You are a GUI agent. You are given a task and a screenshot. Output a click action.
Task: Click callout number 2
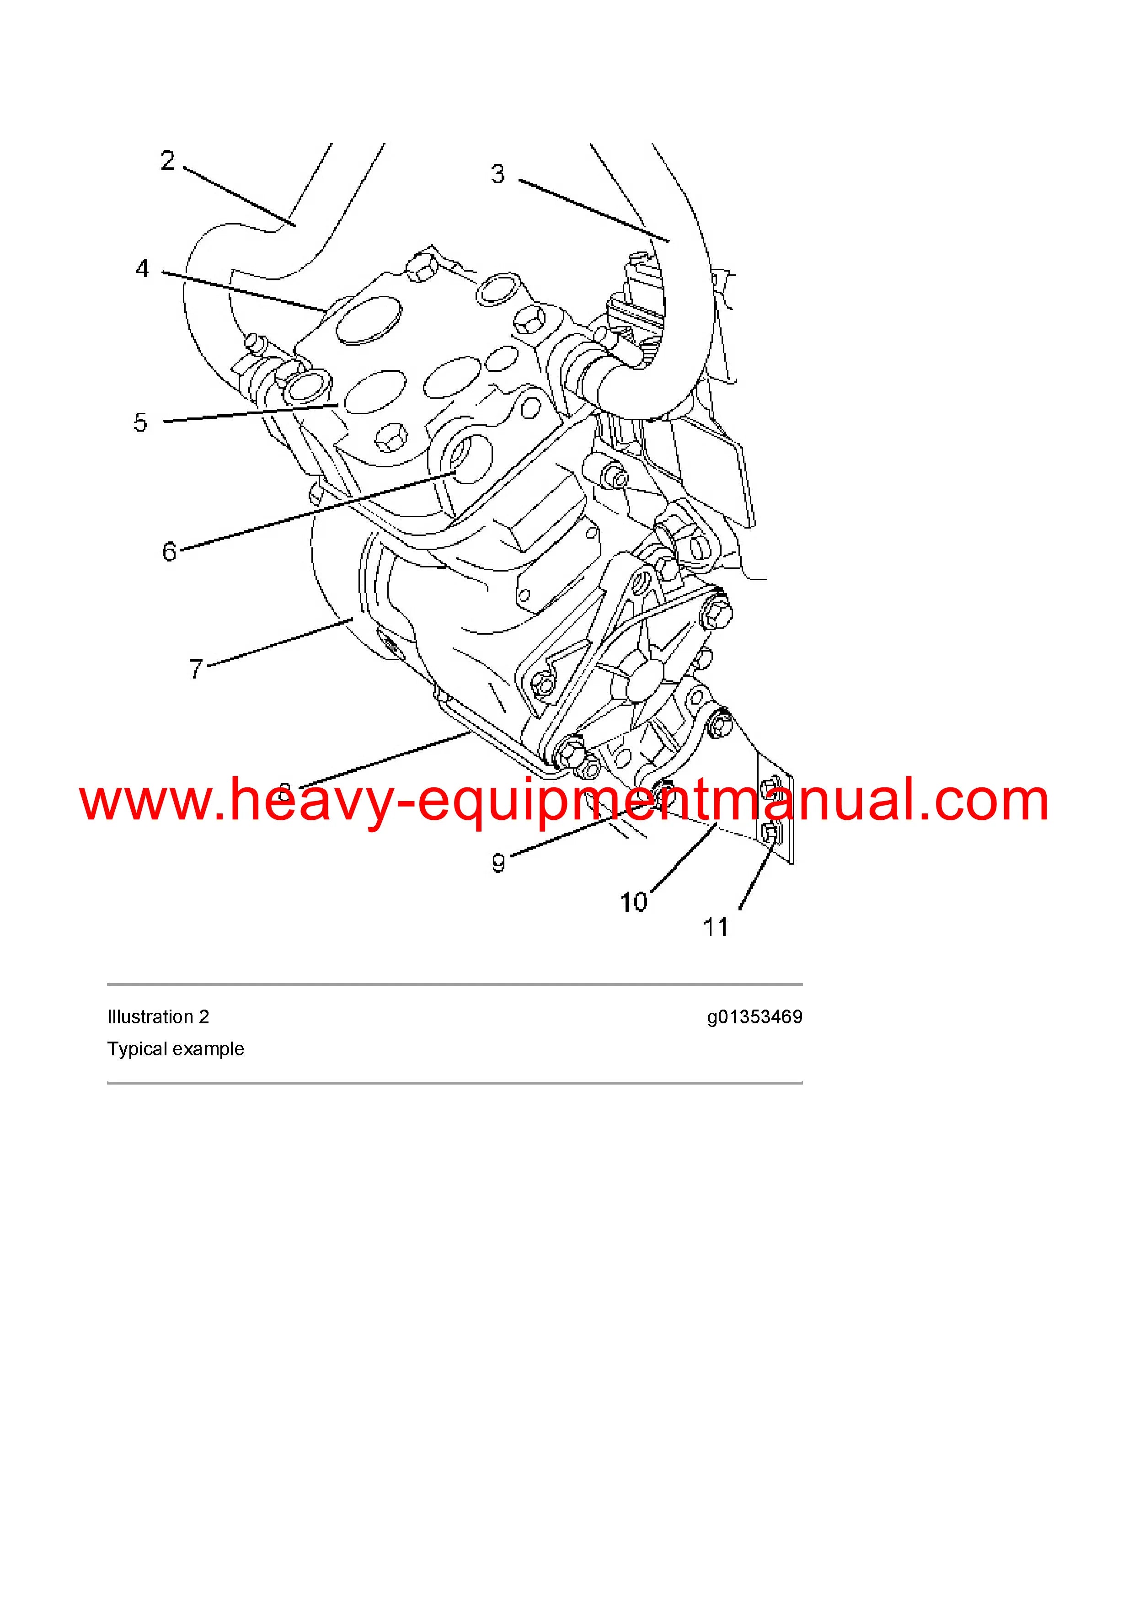tap(168, 160)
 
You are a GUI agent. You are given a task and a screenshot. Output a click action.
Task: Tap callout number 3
tap(497, 173)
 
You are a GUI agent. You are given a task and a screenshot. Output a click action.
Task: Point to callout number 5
tap(140, 422)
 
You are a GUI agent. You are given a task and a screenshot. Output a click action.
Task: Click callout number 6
tap(169, 552)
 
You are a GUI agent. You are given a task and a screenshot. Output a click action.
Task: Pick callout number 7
tap(196, 668)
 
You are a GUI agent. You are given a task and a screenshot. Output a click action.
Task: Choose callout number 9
tap(498, 863)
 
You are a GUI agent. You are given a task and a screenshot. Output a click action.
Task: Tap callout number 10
tap(634, 903)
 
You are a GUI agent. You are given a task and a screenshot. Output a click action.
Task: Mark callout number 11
tap(716, 928)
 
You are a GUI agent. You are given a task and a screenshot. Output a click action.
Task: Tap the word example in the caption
tap(209, 1049)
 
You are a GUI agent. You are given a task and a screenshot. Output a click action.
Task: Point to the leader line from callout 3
tap(594, 210)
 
